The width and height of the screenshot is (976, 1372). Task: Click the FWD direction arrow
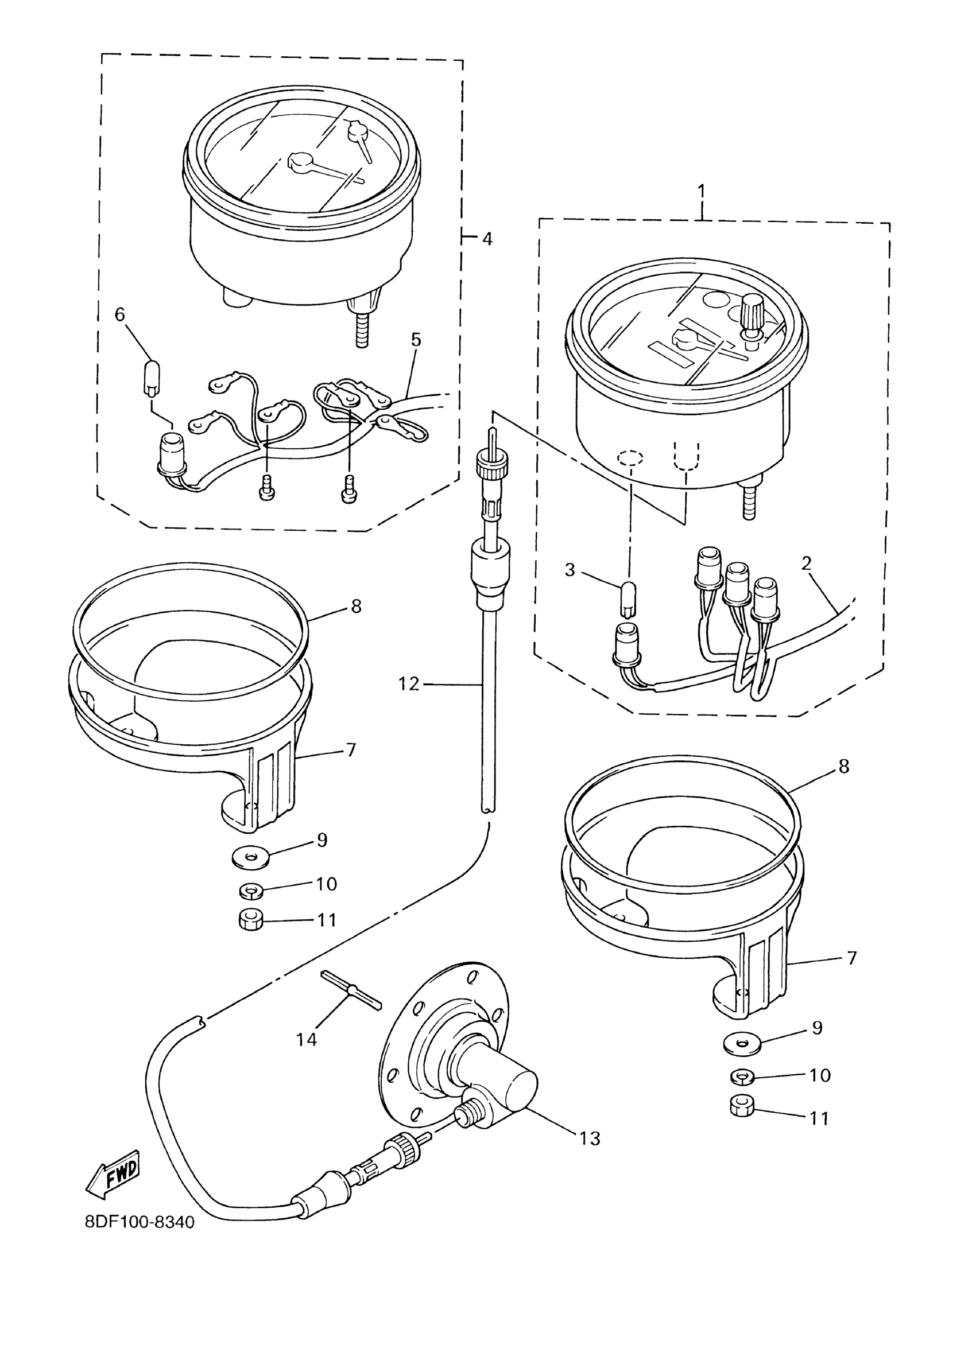(x=114, y=1171)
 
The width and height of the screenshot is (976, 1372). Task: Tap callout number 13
(x=590, y=1138)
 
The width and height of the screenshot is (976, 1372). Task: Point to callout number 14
(x=307, y=1039)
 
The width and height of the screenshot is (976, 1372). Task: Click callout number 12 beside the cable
(x=409, y=683)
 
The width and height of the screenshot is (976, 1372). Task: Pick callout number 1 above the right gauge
(x=701, y=192)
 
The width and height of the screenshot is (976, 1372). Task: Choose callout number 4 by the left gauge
(x=487, y=239)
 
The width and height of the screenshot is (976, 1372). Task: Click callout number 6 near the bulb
(x=120, y=314)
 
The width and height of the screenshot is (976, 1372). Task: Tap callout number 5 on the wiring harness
(x=416, y=340)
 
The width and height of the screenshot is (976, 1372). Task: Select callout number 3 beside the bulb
(x=570, y=569)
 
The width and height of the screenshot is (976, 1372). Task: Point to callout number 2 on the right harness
(x=806, y=563)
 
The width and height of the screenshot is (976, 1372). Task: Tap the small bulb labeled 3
(x=628, y=599)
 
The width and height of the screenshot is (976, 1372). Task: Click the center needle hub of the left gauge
(x=299, y=161)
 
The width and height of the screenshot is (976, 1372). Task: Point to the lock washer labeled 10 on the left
(x=251, y=889)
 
